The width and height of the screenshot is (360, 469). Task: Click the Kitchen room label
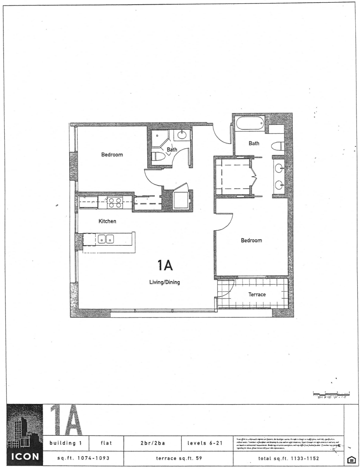pyautogui.click(x=107, y=221)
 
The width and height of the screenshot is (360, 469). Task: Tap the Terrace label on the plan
pyautogui.click(x=257, y=294)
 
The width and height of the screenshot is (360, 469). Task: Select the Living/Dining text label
pyautogui.click(x=165, y=282)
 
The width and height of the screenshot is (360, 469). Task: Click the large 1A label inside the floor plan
pyautogui.click(x=165, y=266)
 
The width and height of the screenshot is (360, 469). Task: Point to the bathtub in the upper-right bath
pyautogui.click(x=250, y=124)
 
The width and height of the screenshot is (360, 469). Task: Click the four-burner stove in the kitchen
pyautogui.click(x=115, y=203)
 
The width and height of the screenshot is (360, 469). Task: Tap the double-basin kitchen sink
pyautogui.click(x=105, y=239)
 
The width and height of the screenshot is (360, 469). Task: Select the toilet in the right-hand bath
pyautogui.click(x=277, y=146)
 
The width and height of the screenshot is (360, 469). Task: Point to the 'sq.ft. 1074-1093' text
pyautogui.click(x=84, y=458)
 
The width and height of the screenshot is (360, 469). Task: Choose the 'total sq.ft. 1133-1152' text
pyautogui.click(x=289, y=458)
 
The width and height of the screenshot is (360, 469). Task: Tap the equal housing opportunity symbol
pyautogui.click(x=352, y=460)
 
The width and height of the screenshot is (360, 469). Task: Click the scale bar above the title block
pyautogui.click(x=331, y=394)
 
